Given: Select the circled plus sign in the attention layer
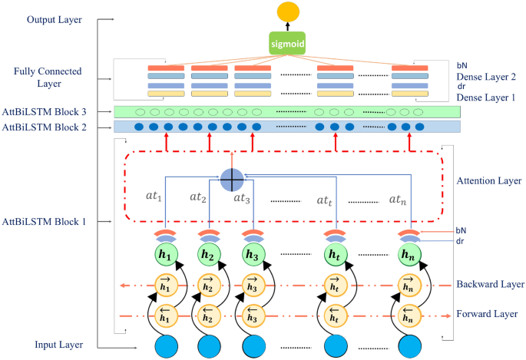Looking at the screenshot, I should [x=231, y=179].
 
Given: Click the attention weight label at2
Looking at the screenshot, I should [x=199, y=198].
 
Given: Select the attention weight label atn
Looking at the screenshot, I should [x=396, y=200].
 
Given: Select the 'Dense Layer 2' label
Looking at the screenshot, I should [x=486, y=78].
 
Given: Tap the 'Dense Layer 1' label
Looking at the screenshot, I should [x=486, y=98].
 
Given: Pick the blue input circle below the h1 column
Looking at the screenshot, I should [x=166, y=345].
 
